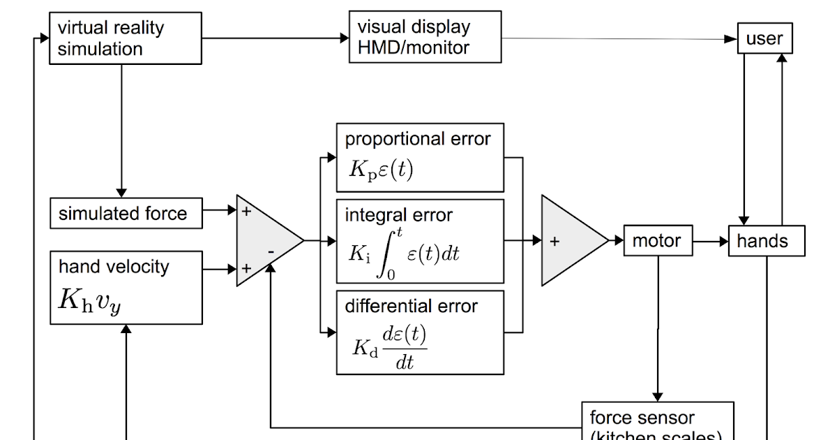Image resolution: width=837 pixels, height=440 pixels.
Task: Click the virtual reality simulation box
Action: [126, 38]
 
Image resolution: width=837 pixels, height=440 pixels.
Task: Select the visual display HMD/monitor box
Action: [425, 37]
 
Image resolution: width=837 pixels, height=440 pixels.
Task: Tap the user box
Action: [764, 38]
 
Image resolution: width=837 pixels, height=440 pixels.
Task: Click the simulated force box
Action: [126, 213]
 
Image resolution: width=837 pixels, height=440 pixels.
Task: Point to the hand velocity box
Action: [126, 288]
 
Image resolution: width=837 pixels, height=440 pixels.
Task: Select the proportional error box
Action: [420, 158]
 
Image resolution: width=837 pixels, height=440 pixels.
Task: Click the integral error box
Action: [420, 241]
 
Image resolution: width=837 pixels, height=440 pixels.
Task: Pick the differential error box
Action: [420, 332]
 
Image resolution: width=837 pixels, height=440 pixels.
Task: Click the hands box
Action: [766, 241]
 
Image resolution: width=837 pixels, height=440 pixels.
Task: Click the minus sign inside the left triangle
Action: [271, 250]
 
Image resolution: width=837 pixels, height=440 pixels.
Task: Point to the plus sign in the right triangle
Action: [555, 242]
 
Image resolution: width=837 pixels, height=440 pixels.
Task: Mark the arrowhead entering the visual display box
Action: [345, 38]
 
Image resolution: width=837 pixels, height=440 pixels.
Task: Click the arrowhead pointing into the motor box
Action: [619, 241]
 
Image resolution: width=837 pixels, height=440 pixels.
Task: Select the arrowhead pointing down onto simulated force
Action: [121, 192]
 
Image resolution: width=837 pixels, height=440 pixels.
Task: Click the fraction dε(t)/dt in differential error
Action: [405, 347]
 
